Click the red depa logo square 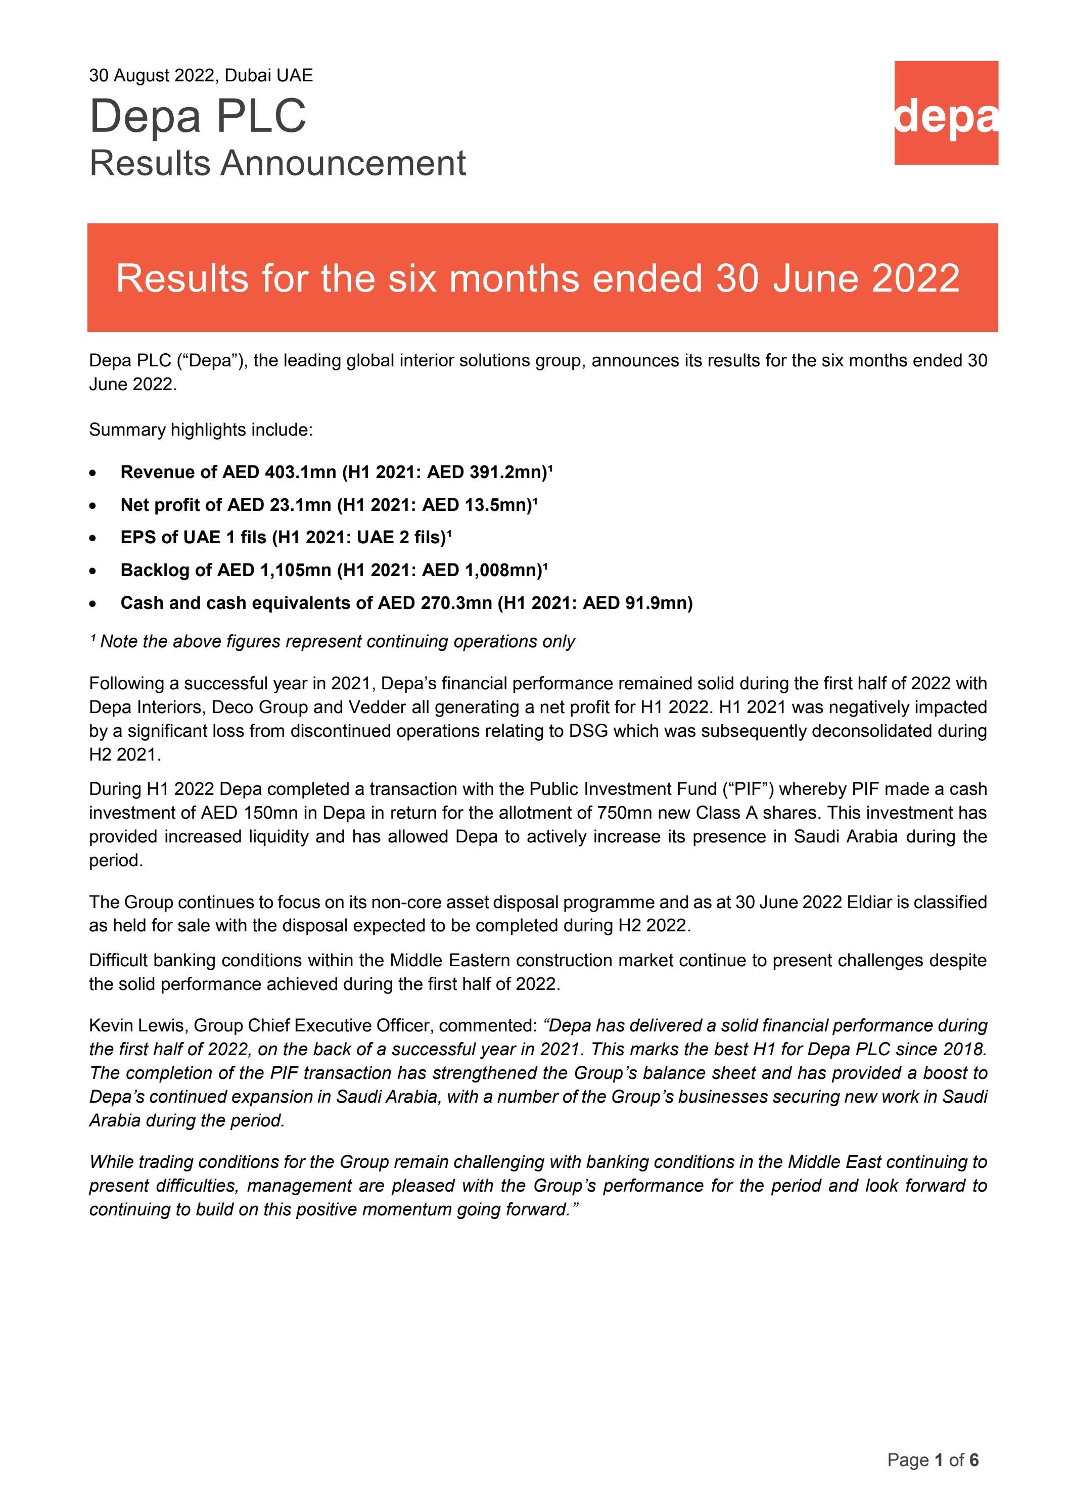pyautogui.click(x=945, y=113)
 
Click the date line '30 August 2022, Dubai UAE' pyautogui.click(x=201, y=76)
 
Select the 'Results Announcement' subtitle pyautogui.click(x=277, y=163)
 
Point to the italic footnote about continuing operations pyautogui.click(x=333, y=642)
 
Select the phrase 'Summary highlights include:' pyautogui.click(x=201, y=430)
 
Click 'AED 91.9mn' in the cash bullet pyautogui.click(x=637, y=603)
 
